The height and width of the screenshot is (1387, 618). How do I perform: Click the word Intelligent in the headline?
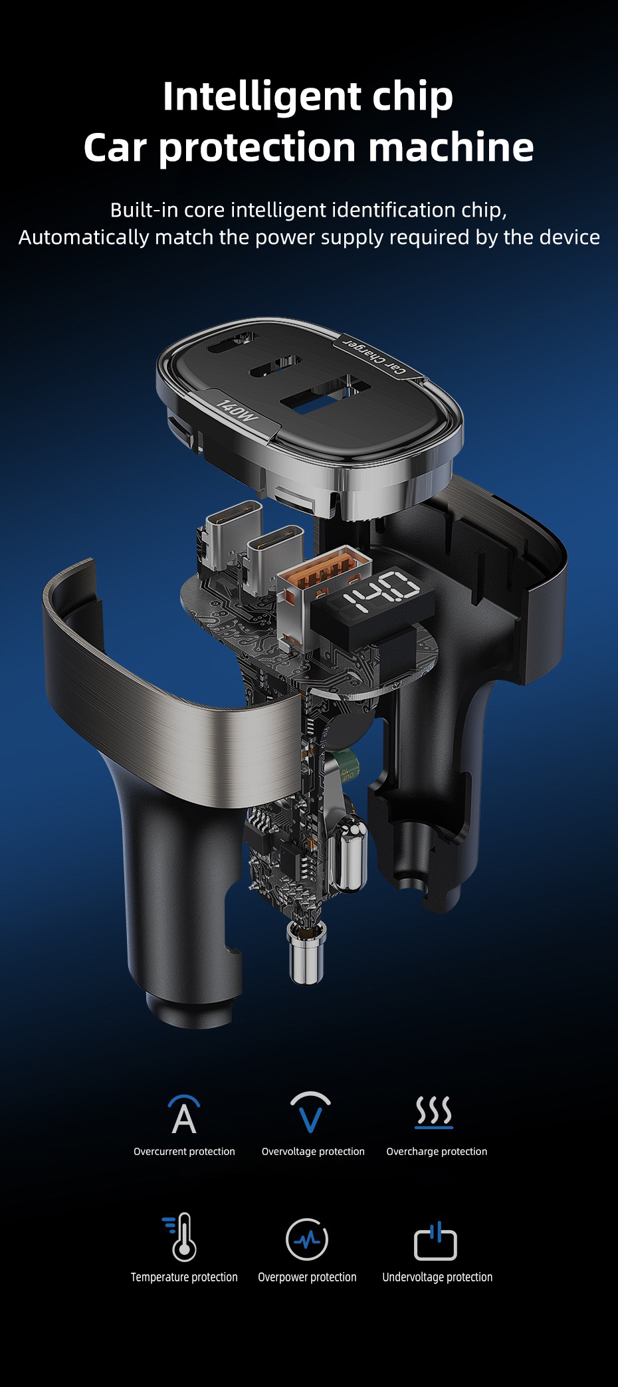coord(262,97)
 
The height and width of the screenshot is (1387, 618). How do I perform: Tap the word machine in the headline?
coord(451,147)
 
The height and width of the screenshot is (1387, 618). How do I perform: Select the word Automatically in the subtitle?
coord(84,238)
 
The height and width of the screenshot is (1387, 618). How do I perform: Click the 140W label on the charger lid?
coord(237,411)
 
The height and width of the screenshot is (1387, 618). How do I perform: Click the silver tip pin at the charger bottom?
coord(306,953)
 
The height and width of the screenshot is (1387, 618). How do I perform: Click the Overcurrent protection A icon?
coord(184,1115)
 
